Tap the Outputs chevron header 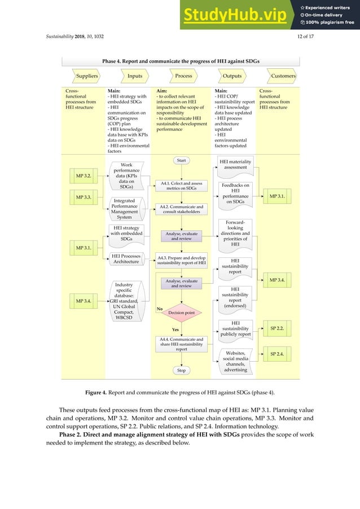coord(231,76)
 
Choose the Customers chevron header coord(280,76)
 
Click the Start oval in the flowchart coord(181,161)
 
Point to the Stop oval coord(181,371)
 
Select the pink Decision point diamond coord(181,311)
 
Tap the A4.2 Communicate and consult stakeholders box coord(181,210)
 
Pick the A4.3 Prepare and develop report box coord(181,260)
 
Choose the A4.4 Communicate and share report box coord(181,344)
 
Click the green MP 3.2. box coord(84,176)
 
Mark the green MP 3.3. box coord(84,198)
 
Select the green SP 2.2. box coord(276,327)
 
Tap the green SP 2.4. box coord(276,354)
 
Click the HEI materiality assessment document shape coord(235,164)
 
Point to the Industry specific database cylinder coord(128,301)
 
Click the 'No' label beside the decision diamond coord(160,309)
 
